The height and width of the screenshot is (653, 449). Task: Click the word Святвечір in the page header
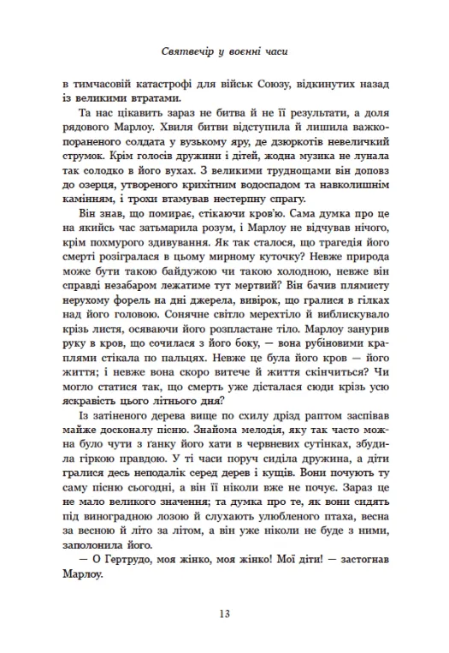186,51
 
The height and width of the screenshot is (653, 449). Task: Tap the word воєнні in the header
243,51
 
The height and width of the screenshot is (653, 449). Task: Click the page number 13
224,613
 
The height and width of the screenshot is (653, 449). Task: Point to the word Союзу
275,86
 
